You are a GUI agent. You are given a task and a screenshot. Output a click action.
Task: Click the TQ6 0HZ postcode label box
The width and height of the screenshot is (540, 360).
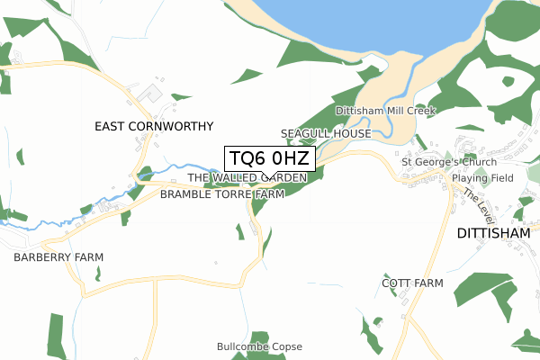coord(269,158)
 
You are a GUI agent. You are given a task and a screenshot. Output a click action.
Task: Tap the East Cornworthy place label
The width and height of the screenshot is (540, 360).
coord(154,127)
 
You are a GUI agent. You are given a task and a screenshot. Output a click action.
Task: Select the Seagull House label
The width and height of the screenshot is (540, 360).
coord(326,133)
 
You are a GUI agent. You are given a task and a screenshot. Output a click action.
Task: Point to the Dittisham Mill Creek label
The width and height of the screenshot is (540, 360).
coord(385,111)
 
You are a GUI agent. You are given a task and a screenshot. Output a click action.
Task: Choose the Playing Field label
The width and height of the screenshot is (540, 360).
coord(482,178)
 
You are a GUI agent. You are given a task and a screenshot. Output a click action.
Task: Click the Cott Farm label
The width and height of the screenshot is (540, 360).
coord(412,283)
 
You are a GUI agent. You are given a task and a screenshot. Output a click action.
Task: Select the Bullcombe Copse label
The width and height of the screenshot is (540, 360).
coord(259,346)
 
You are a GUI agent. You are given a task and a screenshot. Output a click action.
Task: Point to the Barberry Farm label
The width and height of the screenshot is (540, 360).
coord(58,257)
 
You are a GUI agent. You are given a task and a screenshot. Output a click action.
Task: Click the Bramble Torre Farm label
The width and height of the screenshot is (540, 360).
coord(222,193)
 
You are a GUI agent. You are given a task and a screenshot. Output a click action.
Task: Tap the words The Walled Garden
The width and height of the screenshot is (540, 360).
coord(247,178)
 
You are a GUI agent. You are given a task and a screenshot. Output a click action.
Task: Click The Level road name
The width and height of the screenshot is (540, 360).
coord(481,209)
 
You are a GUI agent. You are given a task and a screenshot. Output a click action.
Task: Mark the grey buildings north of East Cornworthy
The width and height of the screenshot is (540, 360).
coord(150,93)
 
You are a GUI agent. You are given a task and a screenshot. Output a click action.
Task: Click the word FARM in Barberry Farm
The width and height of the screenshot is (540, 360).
coord(87,257)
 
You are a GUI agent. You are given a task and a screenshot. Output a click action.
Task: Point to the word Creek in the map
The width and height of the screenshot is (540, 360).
coord(418,111)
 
